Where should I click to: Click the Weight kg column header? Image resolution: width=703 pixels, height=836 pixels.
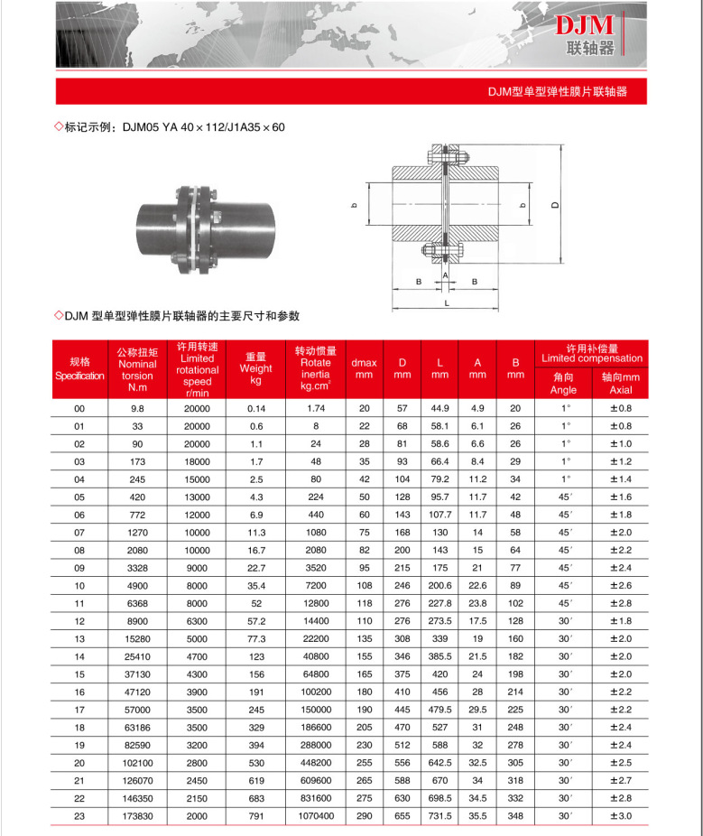255,368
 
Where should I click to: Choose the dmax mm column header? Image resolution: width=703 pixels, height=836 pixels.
364,368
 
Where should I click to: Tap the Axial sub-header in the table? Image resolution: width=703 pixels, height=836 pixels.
621,384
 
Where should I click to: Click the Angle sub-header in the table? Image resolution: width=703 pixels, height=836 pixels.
563,384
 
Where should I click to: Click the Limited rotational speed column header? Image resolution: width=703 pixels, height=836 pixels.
197,369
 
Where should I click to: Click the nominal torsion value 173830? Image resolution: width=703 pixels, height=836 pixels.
137,815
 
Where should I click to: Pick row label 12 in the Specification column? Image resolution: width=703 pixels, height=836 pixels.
79,621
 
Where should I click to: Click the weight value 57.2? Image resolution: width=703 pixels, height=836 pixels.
255,621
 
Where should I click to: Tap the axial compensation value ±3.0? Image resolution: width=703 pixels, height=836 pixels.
621,815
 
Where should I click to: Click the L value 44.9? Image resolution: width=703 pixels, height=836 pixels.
439,409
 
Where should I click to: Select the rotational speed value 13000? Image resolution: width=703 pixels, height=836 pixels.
197,497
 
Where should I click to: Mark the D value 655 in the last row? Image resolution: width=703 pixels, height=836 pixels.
402,815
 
